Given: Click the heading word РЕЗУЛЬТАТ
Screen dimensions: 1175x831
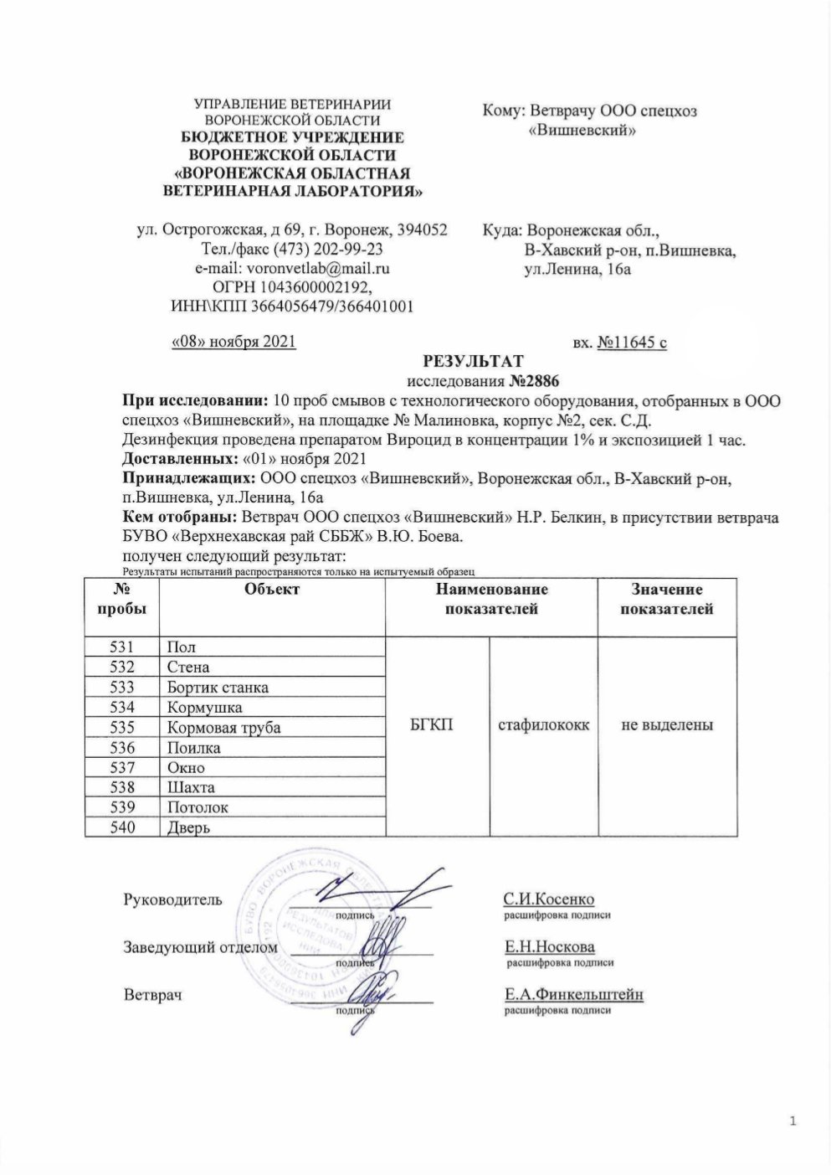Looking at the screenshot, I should click(474, 361).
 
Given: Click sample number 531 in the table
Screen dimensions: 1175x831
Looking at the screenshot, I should click(122, 647).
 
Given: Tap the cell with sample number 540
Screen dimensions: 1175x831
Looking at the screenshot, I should click(122, 828).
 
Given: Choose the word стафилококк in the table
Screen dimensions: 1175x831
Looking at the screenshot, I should click(543, 725).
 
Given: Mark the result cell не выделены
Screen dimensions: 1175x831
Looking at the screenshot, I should click(667, 725).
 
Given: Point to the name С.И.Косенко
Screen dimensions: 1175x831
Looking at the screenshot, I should click(548, 899).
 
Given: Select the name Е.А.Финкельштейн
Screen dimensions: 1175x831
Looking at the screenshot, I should click(573, 995).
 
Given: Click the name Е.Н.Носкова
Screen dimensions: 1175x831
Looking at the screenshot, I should click(549, 947).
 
